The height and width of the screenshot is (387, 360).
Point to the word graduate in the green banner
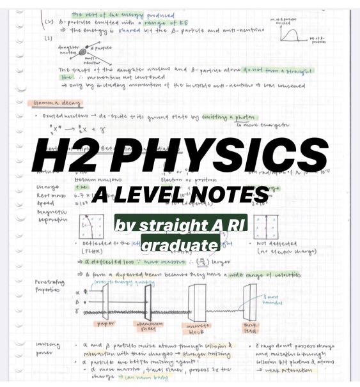coord(180,245)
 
